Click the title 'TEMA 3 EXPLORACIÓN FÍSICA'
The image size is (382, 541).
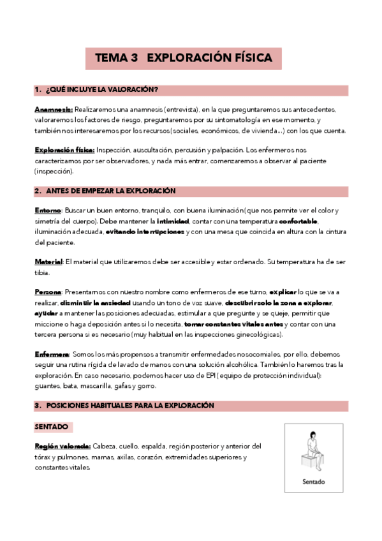point(184,58)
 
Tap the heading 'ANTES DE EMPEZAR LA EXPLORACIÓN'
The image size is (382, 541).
point(111,191)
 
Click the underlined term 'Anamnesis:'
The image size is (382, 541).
point(54,110)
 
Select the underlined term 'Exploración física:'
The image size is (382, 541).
point(64,151)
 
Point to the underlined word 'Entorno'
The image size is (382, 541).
point(48,211)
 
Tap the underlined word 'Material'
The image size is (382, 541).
point(48,262)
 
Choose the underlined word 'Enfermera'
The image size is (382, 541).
point(52,353)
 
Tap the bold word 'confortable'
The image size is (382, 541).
point(298,221)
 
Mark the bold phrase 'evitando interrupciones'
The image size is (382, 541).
point(145,232)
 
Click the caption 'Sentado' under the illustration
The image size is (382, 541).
point(313,482)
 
